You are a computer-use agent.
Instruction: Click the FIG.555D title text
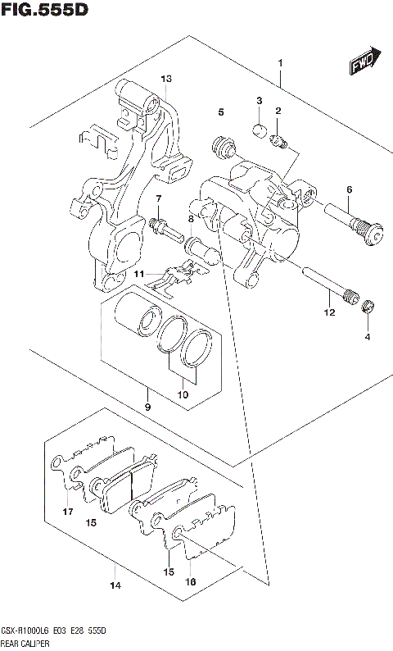pos(44,10)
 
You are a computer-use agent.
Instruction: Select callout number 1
pos(280,62)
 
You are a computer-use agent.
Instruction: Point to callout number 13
pos(166,79)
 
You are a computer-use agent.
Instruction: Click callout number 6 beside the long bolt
pos(349,190)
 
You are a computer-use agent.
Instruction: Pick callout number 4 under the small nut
pos(367,337)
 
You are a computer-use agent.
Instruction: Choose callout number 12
pos(329,312)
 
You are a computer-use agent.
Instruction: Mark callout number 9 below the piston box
pos(147,407)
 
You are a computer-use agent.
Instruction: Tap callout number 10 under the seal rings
pos(183,395)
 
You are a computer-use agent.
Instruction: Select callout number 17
pos(67,512)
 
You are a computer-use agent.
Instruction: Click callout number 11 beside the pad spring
pos(139,273)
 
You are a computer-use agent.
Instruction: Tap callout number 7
pos(159,198)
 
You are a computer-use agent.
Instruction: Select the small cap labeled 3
pos(258,128)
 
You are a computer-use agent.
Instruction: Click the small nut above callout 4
pos(368,307)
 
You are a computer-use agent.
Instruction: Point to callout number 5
pos(220,112)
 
